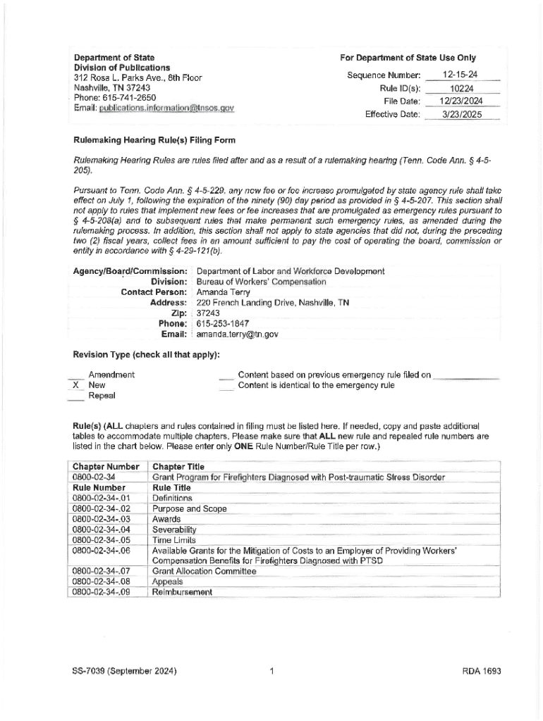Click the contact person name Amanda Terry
click(219, 292)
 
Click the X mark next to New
click(75, 386)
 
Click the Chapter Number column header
click(106, 467)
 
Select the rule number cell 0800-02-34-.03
click(102, 519)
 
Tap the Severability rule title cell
click(174, 529)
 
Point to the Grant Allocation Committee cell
click(204, 571)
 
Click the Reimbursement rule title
click(182, 592)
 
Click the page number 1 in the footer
click(271, 671)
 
